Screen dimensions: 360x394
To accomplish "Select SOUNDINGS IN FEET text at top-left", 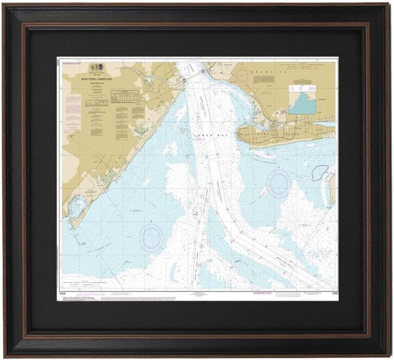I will (x=72, y=62).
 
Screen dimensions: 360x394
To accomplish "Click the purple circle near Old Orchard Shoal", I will (x=153, y=235).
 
